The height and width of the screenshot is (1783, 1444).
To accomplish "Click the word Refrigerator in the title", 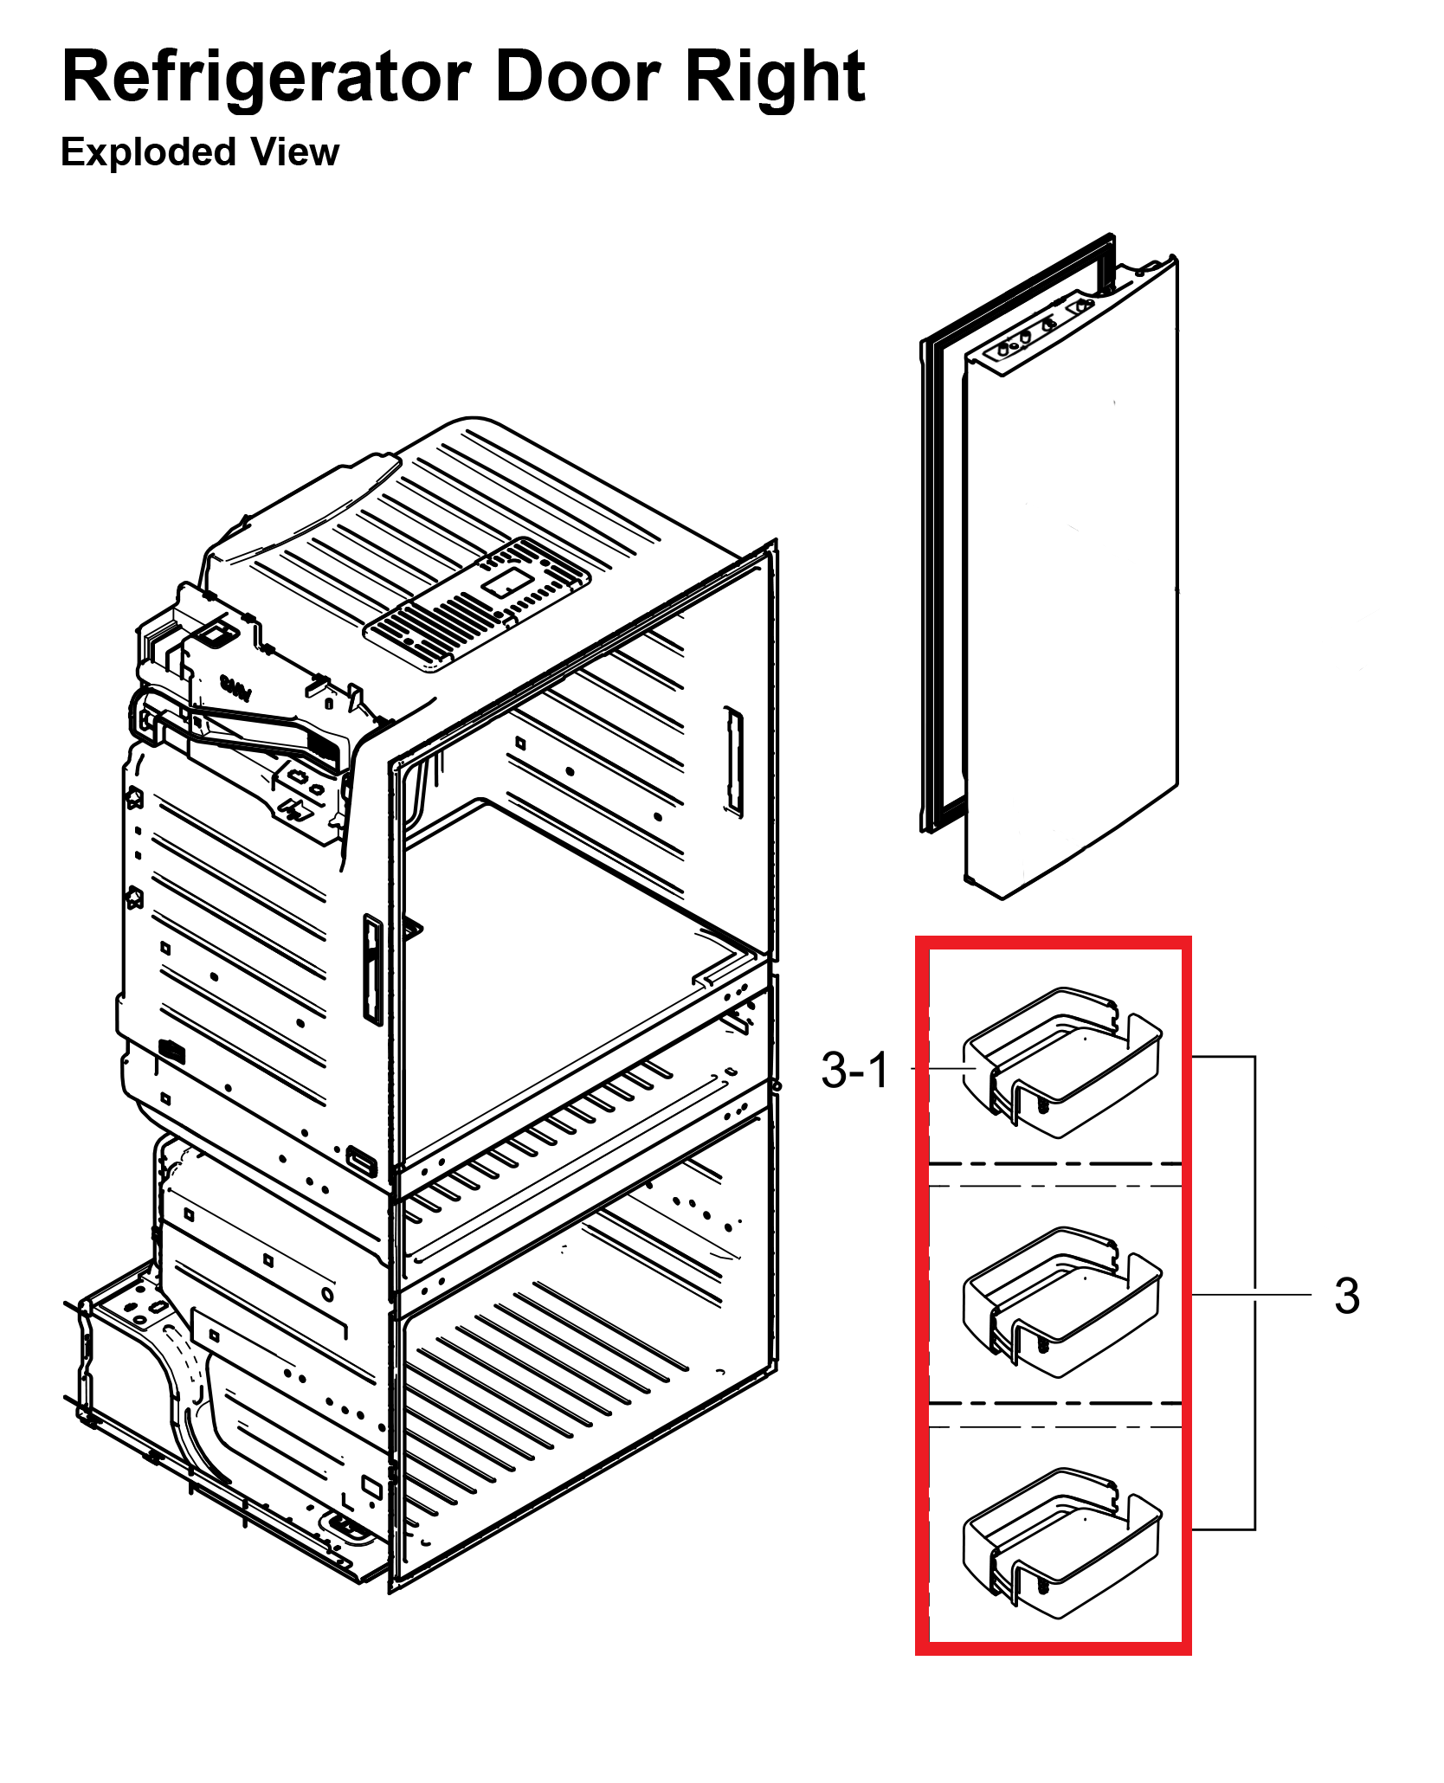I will pos(267,78).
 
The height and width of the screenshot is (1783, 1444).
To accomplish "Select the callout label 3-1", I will pos(854,1070).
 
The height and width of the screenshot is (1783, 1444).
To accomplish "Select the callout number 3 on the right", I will pos(1346,1296).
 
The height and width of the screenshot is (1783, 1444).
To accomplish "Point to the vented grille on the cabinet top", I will pos(478,602).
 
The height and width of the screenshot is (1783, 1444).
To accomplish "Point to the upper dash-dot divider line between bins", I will pos(1054,1164).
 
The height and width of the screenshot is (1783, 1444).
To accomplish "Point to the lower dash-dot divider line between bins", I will pos(1054,1403).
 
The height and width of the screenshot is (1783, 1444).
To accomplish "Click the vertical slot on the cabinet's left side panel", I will pos(372,969).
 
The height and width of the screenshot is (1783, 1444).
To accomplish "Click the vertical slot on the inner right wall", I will pos(733,762).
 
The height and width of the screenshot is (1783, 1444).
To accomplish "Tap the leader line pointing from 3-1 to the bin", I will pos(944,1069).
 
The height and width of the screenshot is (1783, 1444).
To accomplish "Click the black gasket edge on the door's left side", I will pos(925,589).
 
